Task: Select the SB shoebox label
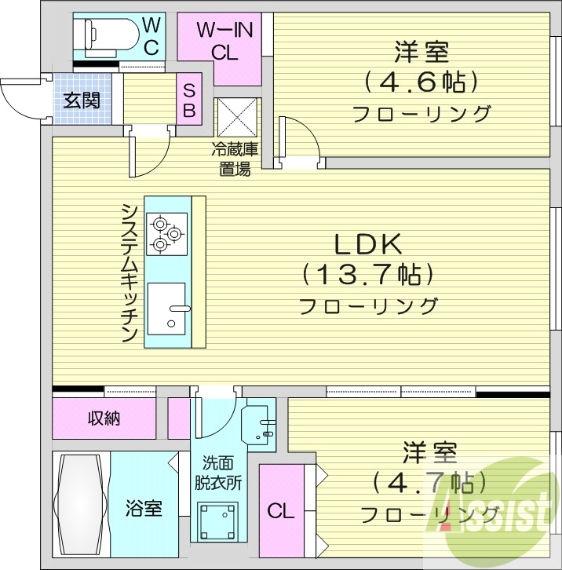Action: pyautogui.click(x=190, y=100)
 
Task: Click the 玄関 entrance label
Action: pyautogui.click(x=82, y=100)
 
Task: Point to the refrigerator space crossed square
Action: pyautogui.click(x=237, y=118)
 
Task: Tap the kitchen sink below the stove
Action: pyautogui.click(x=166, y=309)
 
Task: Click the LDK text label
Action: pyautogui.click(x=368, y=245)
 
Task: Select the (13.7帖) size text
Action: pyautogui.click(x=368, y=275)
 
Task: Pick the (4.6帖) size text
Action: pyautogui.click(x=421, y=82)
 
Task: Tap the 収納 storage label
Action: pyautogui.click(x=104, y=418)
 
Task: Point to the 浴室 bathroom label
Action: pyautogui.click(x=144, y=508)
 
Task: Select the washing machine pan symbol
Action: pyautogui.click(x=217, y=519)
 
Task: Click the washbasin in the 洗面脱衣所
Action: pyautogui.click(x=261, y=425)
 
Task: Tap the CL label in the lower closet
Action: pyautogui.click(x=280, y=512)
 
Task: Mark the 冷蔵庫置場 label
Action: pyautogui.click(x=235, y=159)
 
